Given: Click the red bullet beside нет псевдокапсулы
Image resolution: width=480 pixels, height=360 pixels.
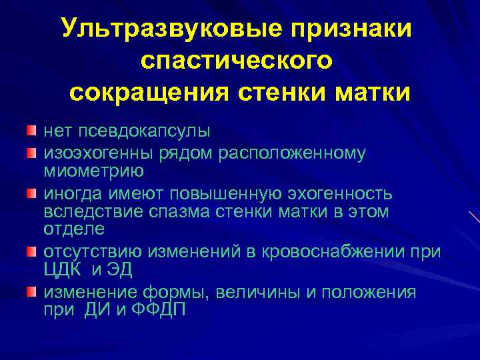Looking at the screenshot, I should coord(31,128).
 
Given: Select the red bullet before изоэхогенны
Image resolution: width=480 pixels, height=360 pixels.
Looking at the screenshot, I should coord(31,153).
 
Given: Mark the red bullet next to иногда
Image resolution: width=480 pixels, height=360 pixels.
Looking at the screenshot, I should coord(31,193).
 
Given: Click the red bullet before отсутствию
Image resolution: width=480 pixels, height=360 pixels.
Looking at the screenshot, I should coord(31,251).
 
